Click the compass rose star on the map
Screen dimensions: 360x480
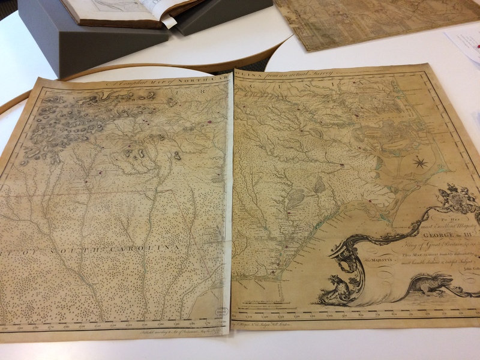(421, 161)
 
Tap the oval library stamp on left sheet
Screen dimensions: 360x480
(222, 313)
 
